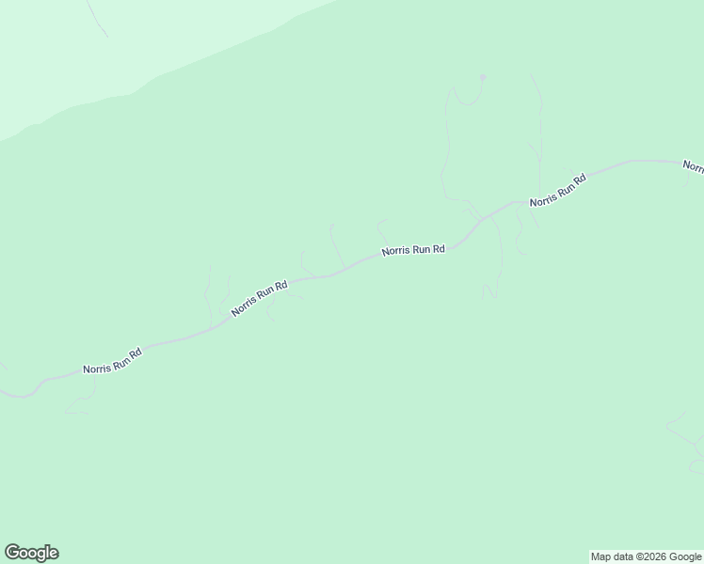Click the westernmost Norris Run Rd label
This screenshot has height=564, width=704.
[x=112, y=361]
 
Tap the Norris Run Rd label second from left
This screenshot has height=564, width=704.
[x=259, y=297]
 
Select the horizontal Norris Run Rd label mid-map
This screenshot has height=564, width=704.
[x=412, y=251]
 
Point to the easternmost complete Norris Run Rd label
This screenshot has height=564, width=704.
[x=558, y=190]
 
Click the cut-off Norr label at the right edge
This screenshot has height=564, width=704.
[x=694, y=166]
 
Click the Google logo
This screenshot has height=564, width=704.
[x=31, y=553]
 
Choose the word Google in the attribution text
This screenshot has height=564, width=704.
[x=686, y=556]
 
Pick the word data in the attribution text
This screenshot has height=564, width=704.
[x=621, y=556]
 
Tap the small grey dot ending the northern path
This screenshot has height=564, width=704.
[x=483, y=77]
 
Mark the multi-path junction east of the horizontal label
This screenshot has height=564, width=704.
[x=481, y=219]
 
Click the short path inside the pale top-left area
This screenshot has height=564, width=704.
[x=95, y=19]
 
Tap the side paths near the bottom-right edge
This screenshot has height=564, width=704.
[x=685, y=433]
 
